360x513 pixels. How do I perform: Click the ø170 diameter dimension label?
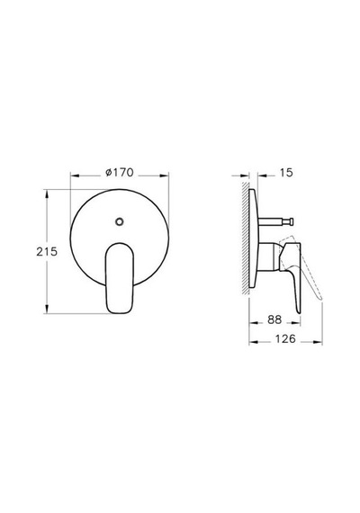pos(120,173)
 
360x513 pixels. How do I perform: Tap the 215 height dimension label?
pos(47,252)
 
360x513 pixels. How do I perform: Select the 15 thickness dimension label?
pos(286,173)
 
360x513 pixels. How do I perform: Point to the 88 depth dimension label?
pos(274,319)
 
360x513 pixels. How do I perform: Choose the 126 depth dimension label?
pos(285,338)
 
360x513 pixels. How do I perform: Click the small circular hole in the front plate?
pos(120,221)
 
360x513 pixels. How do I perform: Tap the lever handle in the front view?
pos(120,278)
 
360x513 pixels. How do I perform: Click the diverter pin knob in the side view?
pos(291,221)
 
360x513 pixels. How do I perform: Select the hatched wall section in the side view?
pos(245,238)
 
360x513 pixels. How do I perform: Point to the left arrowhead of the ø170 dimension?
pos(75,176)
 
